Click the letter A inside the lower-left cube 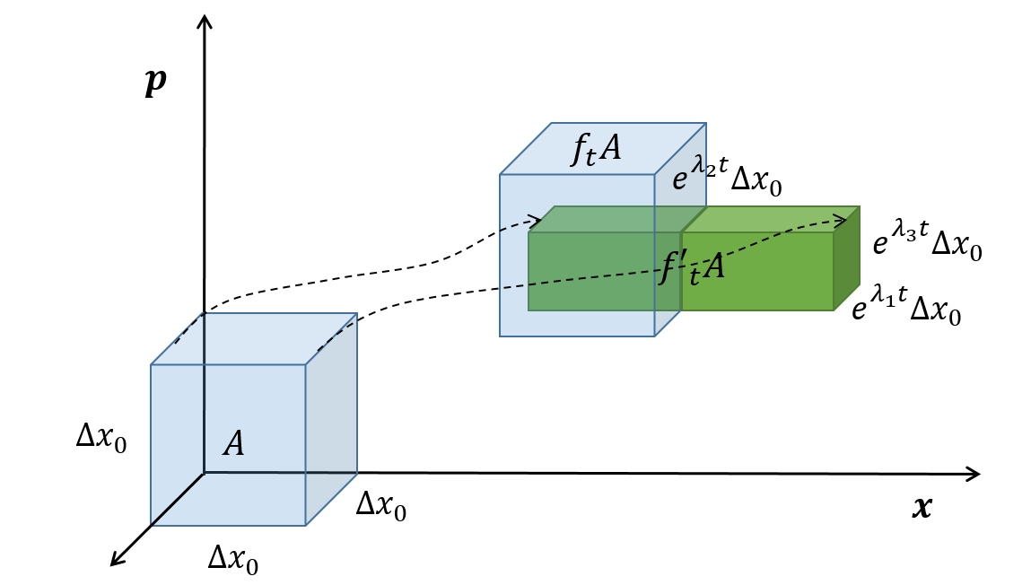pos(234,444)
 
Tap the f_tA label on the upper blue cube pos(597,149)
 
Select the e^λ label pos(687,174)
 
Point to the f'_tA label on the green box pos(692,267)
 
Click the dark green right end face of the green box pos(847,260)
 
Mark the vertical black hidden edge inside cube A pos(205,395)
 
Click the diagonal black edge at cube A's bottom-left pos(177,499)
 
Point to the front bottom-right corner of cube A pos(306,526)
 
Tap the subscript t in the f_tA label pos(590,160)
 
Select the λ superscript pos(697,164)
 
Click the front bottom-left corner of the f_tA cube pos(500,336)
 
